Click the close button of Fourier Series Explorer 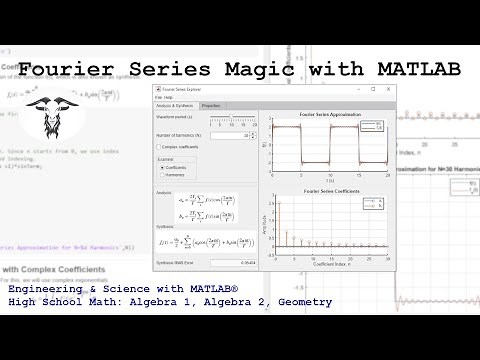[x=387, y=89]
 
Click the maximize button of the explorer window [x=373, y=89]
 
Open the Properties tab [x=212, y=105]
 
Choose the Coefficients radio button [x=162, y=167]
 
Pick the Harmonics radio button [x=162, y=174]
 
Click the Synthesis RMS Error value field [x=232, y=262]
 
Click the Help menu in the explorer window [x=170, y=97]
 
